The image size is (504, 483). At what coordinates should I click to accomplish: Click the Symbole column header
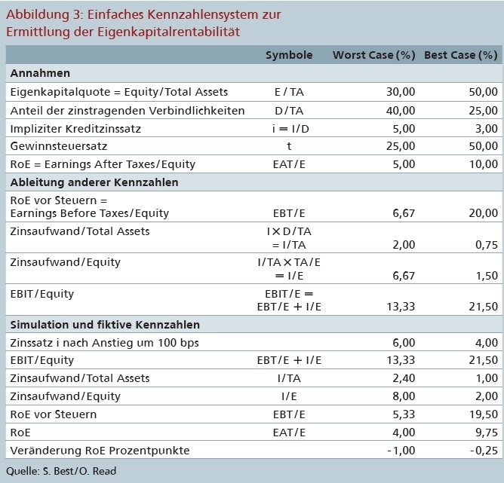[x=289, y=55]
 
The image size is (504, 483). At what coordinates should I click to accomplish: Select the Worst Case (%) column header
[x=373, y=55]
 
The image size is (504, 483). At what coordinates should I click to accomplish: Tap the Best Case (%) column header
[x=461, y=55]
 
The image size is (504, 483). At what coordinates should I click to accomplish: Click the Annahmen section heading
[x=40, y=73]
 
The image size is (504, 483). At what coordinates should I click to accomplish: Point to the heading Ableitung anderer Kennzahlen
[x=94, y=182]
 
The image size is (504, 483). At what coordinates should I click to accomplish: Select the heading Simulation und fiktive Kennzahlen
[x=105, y=325]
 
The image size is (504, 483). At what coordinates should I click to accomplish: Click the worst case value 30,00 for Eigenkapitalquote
[x=401, y=92]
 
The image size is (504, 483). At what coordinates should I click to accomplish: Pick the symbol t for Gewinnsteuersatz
[x=289, y=146]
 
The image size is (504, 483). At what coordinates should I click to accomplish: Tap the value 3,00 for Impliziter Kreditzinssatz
[x=487, y=129]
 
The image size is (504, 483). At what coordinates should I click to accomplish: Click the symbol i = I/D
[x=290, y=129]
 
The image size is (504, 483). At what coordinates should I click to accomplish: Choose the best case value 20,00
[x=483, y=213]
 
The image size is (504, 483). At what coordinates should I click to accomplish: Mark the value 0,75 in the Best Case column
[x=487, y=245]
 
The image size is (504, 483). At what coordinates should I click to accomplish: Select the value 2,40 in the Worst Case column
[x=404, y=378]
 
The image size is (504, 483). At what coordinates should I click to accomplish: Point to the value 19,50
[x=483, y=414]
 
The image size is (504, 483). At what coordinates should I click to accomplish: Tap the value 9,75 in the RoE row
[x=487, y=433]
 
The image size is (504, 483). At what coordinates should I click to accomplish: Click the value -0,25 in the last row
[x=484, y=451]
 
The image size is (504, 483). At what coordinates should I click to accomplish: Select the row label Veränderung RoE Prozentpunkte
[x=100, y=451]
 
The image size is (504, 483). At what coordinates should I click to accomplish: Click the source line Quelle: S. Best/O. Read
[x=61, y=471]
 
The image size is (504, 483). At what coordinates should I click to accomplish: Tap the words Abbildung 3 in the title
[x=44, y=15]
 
